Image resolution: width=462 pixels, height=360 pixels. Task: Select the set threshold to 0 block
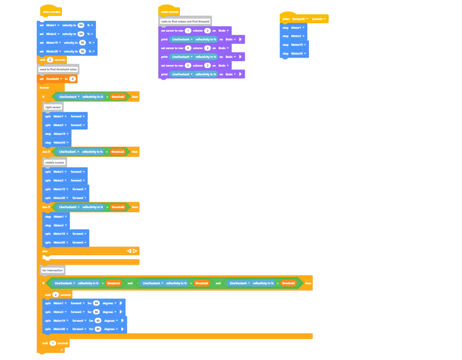41,79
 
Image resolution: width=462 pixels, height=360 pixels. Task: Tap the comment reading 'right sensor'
53,107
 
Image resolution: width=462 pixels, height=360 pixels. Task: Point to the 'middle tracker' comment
55,162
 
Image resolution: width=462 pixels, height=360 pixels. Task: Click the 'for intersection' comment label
52,271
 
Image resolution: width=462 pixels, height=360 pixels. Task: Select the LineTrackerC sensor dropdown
69,152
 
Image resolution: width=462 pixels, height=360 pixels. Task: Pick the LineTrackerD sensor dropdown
69,207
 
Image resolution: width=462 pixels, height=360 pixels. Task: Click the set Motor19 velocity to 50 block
42,42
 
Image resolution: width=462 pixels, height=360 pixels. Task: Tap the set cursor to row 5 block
172,66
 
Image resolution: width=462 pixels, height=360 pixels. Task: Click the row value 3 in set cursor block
188,48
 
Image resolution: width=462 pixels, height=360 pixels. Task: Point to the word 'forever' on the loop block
45,88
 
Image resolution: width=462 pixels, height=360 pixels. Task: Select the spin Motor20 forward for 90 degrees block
48,329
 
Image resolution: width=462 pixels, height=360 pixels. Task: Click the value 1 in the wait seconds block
53,343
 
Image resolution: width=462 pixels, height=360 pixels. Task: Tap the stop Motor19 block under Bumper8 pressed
285,45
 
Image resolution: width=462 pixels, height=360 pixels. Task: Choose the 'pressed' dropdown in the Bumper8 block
318,19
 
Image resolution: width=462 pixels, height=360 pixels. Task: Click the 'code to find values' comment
185,21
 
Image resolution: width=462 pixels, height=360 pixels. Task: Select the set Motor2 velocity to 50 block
42,34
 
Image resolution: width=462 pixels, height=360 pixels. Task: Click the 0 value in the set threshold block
72,79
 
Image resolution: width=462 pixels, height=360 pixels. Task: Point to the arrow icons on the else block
132,251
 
